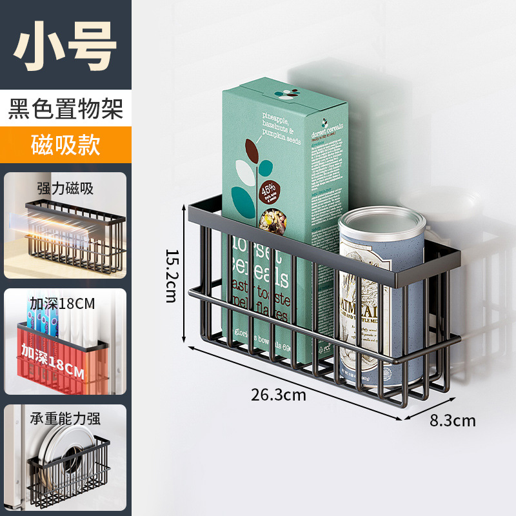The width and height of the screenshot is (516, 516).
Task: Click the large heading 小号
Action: (x=66, y=45)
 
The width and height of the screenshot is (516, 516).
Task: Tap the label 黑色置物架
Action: (x=66, y=108)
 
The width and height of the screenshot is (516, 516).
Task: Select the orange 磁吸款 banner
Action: (x=66, y=144)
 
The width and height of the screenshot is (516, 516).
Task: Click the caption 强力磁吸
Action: (x=65, y=188)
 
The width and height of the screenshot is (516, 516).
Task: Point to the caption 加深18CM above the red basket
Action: (x=62, y=303)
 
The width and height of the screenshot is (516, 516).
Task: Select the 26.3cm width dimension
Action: (x=279, y=395)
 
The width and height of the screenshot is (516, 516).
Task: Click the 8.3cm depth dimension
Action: (x=452, y=421)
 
